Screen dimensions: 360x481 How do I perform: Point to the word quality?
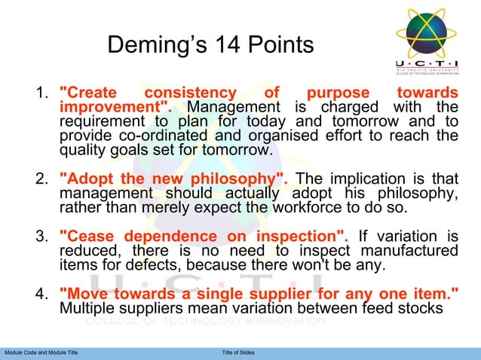pyautogui.click(x=84, y=151)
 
